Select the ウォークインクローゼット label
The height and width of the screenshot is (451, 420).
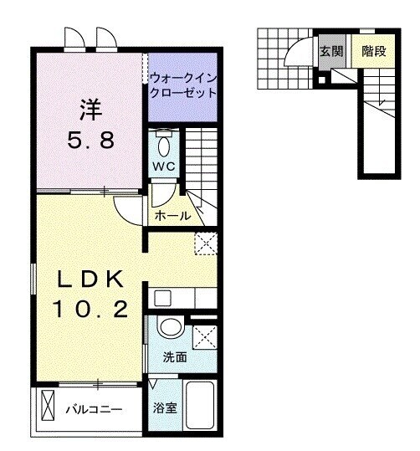click(x=182, y=85)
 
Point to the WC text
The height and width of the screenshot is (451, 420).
click(x=163, y=167)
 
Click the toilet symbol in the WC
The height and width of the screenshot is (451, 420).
click(x=164, y=144)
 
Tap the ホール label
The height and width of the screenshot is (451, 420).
click(x=173, y=216)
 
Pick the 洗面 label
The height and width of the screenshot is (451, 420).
click(x=175, y=357)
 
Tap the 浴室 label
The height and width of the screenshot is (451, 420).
click(x=164, y=410)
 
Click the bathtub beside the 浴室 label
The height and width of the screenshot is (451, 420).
click(x=201, y=407)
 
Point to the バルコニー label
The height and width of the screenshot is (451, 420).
click(x=95, y=410)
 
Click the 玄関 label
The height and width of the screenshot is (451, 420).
click(x=330, y=52)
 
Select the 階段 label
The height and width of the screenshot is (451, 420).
click(x=374, y=52)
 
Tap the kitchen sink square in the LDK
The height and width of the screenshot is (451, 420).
click(x=162, y=297)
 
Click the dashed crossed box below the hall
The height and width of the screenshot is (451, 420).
click(x=205, y=243)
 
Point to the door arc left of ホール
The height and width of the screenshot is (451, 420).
click(x=131, y=208)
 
